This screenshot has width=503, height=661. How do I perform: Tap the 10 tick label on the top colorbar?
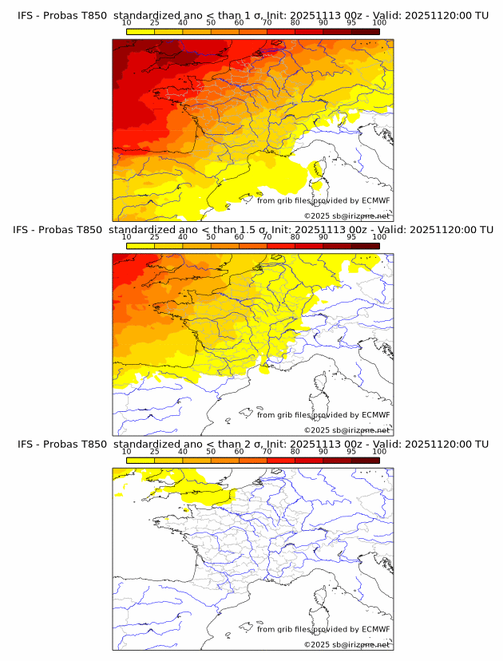(x=127, y=24)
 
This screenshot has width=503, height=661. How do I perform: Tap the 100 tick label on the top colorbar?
(x=378, y=24)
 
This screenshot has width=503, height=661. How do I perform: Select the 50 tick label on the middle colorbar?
(x=211, y=238)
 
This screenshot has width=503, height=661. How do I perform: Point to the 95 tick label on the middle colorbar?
(x=351, y=238)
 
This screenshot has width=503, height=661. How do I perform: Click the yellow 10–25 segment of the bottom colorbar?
(x=141, y=460)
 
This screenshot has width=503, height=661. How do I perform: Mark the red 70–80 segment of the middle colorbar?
(x=281, y=246)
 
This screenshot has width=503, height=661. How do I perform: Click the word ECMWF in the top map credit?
(x=376, y=200)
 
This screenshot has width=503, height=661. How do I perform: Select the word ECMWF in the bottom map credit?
(x=376, y=629)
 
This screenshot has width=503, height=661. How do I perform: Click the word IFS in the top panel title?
(x=26, y=15)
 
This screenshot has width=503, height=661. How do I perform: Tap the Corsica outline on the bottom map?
(x=316, y=600)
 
